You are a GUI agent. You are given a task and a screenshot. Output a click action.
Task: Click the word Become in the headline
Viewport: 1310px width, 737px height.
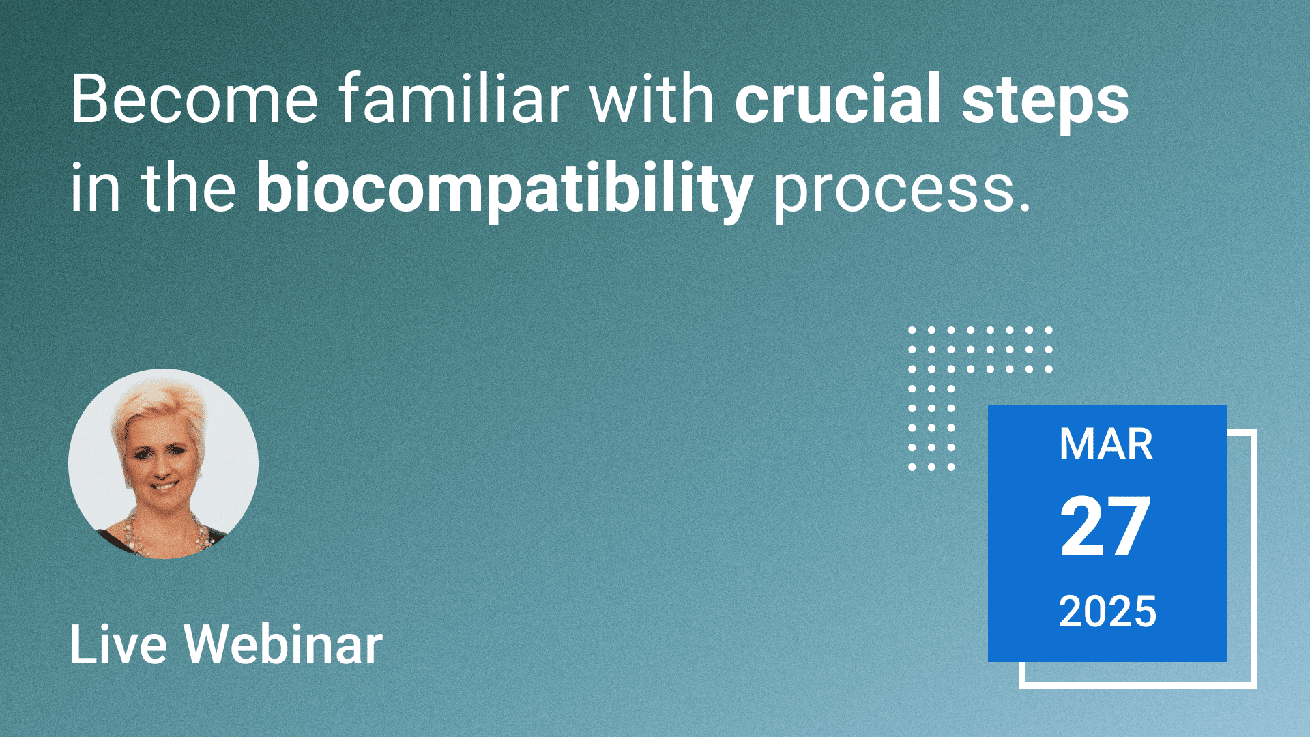click(x=194, y=99)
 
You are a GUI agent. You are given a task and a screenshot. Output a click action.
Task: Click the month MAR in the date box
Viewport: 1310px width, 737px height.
click(x=1106, y=444)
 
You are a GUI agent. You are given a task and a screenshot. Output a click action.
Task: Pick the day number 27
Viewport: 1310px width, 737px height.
click(x=1105, y=526)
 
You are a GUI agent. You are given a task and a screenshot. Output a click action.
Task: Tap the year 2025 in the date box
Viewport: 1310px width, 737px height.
click(x=1107, y=611)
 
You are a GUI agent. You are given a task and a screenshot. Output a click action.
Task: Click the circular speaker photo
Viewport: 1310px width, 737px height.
click(x=163, y=464)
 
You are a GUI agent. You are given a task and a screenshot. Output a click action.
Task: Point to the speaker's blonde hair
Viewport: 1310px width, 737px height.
click(x=160, y=409)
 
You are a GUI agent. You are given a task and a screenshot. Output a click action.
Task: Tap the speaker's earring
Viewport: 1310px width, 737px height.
click(x=128, y=482)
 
